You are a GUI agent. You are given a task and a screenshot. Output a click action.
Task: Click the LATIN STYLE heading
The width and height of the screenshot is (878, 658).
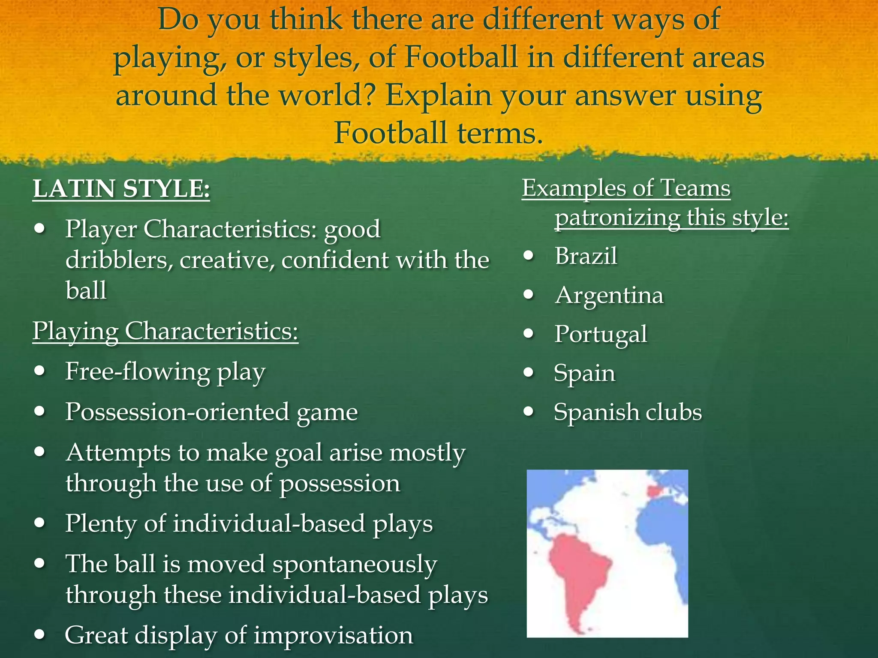121,189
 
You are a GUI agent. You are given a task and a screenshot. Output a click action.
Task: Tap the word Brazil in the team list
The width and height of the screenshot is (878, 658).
586,256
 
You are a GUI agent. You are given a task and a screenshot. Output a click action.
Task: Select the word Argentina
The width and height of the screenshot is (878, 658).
609,296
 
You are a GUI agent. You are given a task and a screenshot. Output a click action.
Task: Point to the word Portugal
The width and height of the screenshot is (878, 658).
601,335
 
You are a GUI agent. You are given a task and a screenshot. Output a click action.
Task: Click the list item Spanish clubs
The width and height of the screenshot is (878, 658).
628,413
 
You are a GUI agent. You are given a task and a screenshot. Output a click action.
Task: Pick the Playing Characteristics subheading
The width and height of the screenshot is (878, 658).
165,332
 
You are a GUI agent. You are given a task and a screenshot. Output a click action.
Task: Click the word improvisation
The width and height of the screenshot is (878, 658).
333,635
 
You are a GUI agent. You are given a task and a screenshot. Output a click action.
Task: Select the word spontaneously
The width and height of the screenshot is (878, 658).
355,564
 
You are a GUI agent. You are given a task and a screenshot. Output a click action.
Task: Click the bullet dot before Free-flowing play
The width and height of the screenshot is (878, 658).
40,371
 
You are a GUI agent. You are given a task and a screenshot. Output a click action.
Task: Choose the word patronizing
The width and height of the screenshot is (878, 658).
617,217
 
